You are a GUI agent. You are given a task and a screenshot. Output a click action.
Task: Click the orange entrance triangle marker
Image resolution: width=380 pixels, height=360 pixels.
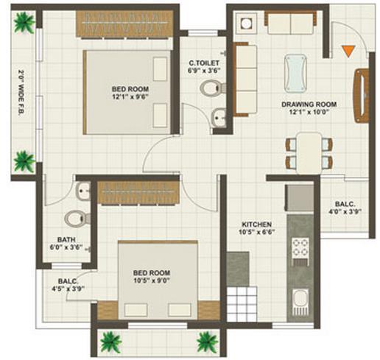coord(348,51)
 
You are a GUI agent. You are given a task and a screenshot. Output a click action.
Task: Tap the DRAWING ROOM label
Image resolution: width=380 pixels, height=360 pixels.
coord(309,105)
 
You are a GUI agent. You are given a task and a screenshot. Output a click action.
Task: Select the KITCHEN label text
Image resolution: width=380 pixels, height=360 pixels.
coord(256,225)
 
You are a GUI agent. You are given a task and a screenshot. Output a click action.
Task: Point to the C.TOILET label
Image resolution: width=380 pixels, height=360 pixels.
coord(204,63)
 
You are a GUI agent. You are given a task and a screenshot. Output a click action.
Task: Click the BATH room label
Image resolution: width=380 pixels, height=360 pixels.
coord(66,239)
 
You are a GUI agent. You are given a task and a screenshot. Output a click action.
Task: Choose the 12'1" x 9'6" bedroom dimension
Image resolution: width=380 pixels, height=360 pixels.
coord(130,97)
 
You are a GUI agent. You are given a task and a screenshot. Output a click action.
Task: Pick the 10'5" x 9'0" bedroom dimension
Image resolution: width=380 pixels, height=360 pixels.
coord(152,280)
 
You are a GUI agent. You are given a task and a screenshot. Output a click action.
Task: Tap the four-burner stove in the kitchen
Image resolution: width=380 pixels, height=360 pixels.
coord(300,247)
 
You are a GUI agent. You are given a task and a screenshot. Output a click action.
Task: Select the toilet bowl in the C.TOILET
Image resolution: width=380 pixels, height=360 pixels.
coord(213,88)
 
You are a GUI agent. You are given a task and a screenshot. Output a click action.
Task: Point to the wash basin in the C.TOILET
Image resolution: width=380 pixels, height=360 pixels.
coord(219,118)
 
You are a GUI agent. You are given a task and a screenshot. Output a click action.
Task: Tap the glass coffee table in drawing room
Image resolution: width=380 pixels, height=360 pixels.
coord(295,73)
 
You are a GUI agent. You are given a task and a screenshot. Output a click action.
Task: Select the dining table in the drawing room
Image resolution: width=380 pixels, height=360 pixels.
coord(309,153)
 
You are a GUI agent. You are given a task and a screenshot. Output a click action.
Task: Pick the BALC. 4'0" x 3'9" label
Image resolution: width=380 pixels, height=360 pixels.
coord(345,208)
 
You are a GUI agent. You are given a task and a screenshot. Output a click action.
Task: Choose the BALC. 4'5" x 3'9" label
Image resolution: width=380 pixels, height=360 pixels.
coord(68,285)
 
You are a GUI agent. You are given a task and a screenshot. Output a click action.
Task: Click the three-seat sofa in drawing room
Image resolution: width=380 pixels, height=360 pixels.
coord(245,79)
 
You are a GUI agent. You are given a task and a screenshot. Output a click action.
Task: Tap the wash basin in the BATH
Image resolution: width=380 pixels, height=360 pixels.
coord(83,191)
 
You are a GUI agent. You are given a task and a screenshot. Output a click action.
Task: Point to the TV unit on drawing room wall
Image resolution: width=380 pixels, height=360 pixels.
coord(361,96)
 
